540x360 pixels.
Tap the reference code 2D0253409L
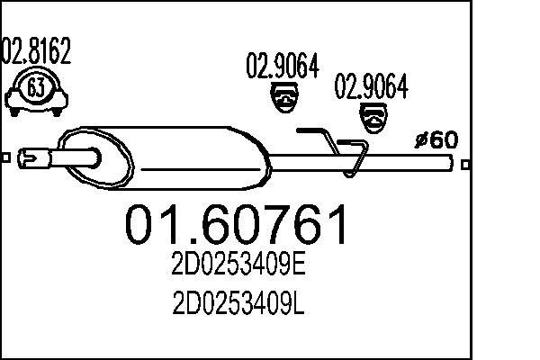click(x=238, y=306)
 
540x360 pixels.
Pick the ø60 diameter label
click(x=436, y=139)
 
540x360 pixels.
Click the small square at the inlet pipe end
click(x=5, y=158)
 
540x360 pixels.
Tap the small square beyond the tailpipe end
click(x=464, y=164)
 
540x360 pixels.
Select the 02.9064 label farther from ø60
click(x=283, y=66)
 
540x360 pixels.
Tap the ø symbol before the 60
click(x=419, y=140)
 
